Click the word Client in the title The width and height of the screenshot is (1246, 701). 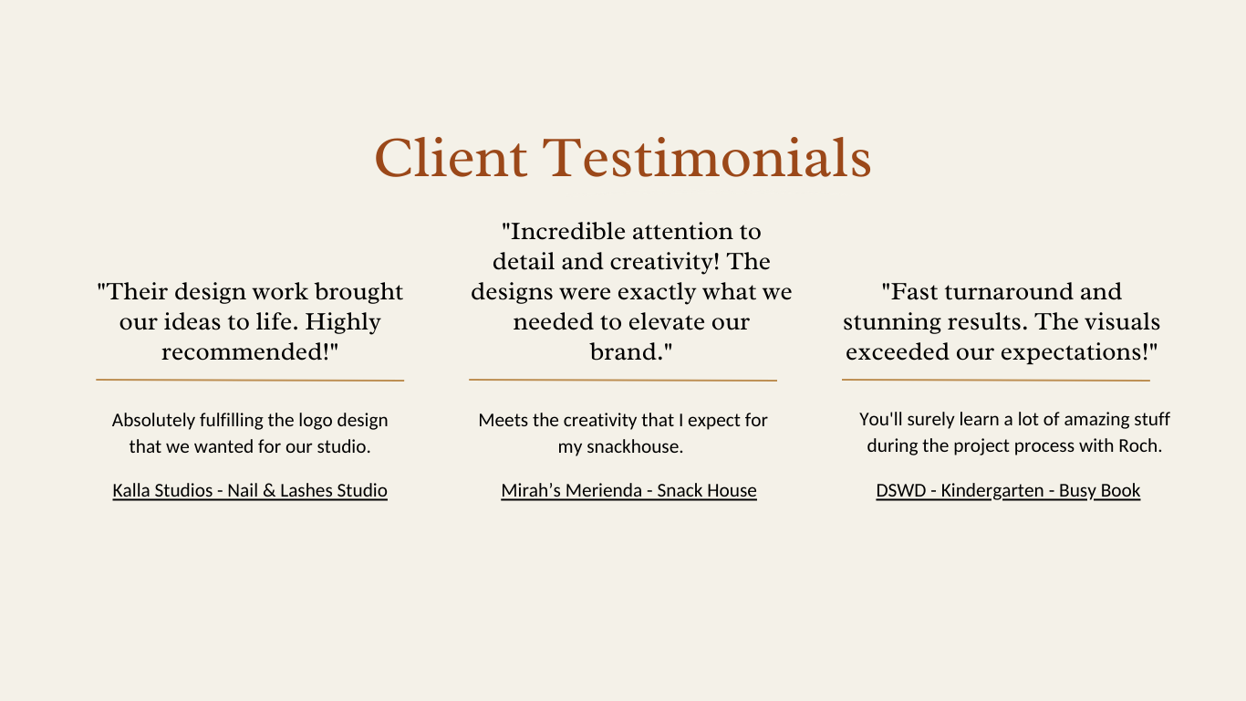(x=451, y=159)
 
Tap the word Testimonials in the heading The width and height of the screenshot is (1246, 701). (x=706, y=159)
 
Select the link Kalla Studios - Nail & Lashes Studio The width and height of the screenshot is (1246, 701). (x=250, y=490)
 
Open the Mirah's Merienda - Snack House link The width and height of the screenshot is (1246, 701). (x=628, y=490)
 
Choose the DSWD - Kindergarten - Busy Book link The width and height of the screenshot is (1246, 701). (x=1008, y=490)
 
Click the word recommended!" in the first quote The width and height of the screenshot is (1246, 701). (x=250, y=352)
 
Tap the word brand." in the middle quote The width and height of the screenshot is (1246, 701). (x=631, y=352)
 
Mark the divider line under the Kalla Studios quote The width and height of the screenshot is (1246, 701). (x=250, y=381)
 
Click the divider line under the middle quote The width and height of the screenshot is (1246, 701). (x=623, y=381)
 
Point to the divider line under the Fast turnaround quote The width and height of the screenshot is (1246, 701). (x=996, y=381)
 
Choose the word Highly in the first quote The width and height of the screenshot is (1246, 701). (x=343, y=322)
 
